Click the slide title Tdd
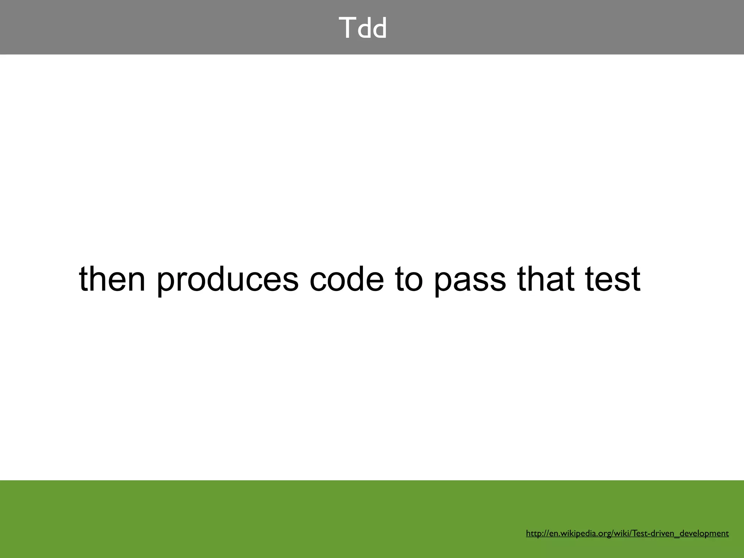point(363,28)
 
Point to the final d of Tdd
point(379,29)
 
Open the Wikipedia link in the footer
point(627,533)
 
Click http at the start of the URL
point(533,533)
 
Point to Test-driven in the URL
point(653,533)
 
